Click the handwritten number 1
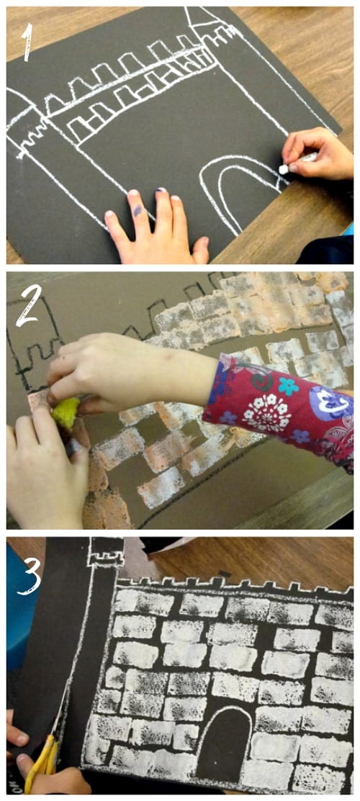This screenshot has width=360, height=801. tap(27, 42)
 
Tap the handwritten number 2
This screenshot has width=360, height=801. tap(29, 305)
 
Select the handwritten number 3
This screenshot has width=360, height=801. tap(30, 576)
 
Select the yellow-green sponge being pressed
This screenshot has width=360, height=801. tap(66, 413)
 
